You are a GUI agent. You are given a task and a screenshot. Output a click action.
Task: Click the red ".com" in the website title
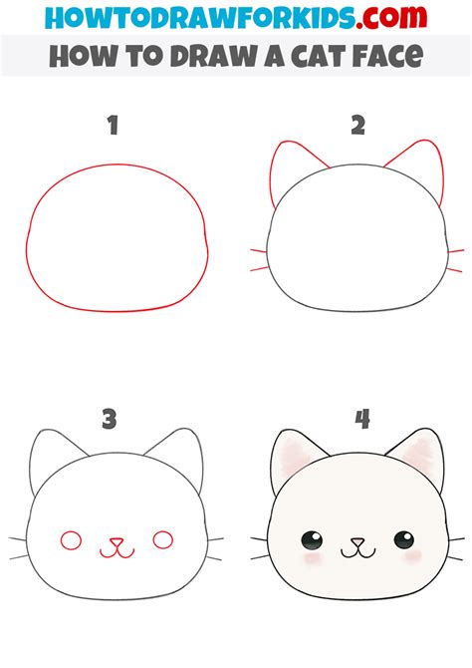pos(391,17)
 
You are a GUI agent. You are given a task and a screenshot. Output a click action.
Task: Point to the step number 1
pos(113,126)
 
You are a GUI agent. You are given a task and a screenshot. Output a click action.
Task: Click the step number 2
pos(357,126)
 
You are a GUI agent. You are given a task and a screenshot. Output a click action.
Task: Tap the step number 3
pos(109,419)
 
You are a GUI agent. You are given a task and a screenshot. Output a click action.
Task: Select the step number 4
pos(362,419)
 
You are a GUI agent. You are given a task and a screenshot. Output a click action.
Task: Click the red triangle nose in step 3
pos(117,542)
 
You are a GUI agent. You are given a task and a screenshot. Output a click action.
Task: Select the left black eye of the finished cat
pos(312,540)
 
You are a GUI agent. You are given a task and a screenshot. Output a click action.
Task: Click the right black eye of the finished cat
pos(404,539)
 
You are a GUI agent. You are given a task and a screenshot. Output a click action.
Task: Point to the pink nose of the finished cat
pos(357,542)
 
